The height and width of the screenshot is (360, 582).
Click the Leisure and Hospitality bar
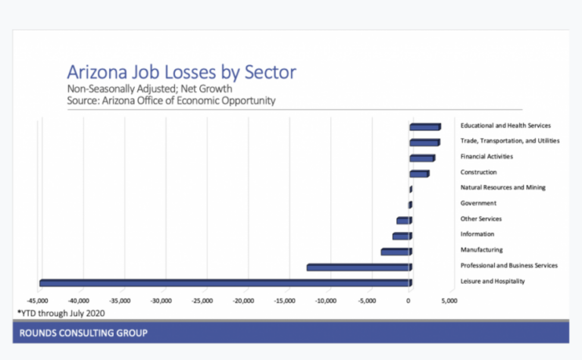pyautogui.click(x=225, y=283)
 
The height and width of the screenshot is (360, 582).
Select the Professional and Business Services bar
pyautogui.click(x=358, y=267)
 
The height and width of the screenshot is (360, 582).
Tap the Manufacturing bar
pyautogui.click(x=396, y=251)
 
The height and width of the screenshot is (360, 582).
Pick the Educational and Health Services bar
pyautogui.click(x=424, y=127)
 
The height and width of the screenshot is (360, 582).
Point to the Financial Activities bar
pyautogui.click(x=422, y=158)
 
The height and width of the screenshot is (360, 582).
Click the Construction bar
pyautogui.click(x=419, y=174)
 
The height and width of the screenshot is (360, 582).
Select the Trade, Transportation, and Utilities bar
pyautogui.click(x=424, y=142)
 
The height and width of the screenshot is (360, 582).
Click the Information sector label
pyautogui.click(x=477, y=234)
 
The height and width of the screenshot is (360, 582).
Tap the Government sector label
pyautogui.click(x=478, y=203)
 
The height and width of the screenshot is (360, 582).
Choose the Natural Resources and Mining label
pyautogui.click(x=502, y=187)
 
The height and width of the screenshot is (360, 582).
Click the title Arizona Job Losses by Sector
pyautogui.click(x=181, y=73)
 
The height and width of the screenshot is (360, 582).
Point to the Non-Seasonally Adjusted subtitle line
pyautogui.click(x=149, y=89)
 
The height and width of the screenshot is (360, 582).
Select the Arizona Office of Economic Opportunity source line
pyautogui.click(x=171, y=100)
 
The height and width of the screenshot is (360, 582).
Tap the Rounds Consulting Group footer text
pyautogui.click(x=83, y=333)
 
